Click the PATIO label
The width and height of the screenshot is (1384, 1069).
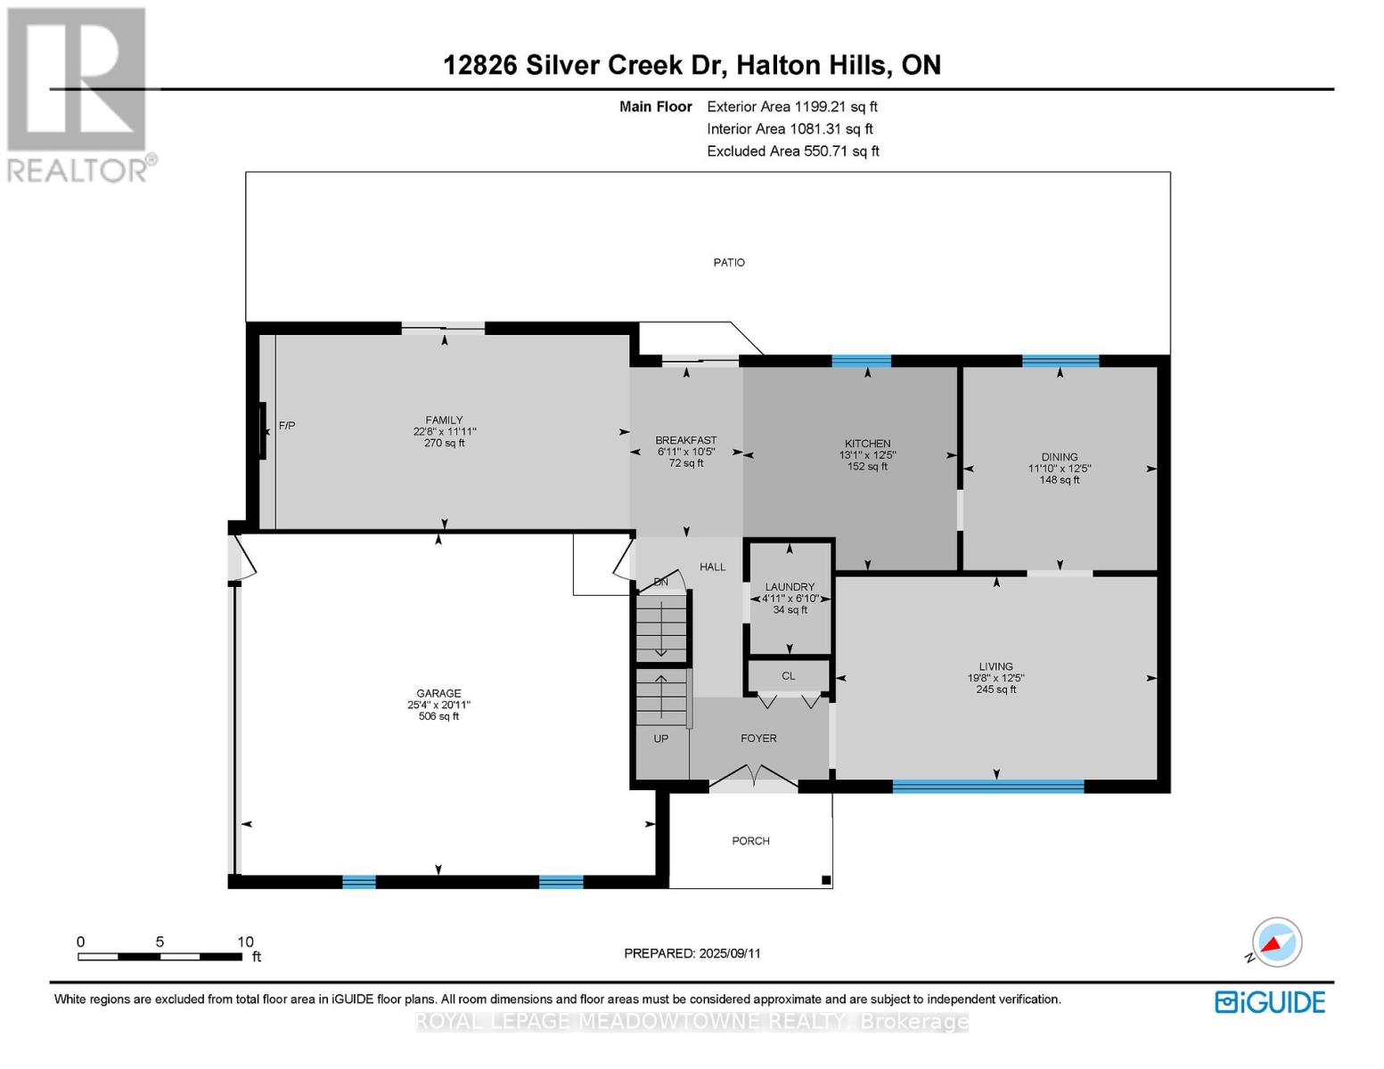728,263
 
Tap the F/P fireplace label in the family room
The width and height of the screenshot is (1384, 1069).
287,426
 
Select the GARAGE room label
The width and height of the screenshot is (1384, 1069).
438,693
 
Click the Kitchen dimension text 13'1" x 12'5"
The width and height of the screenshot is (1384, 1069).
867,454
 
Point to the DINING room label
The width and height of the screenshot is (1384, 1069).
1059,457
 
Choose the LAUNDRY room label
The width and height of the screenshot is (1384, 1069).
790,587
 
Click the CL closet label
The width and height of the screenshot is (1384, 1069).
788,676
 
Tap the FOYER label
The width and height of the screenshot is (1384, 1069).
758,739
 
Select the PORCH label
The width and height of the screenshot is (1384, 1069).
750,841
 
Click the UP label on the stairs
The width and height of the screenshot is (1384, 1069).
660,739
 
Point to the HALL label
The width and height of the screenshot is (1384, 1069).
712,567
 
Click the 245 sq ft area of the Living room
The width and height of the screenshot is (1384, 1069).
995,690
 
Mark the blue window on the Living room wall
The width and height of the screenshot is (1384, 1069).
987,786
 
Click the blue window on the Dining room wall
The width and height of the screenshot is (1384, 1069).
1060,361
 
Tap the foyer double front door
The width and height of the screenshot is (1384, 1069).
754,777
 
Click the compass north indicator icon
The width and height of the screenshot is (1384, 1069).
1276,943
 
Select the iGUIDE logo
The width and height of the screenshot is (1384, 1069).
1270,1002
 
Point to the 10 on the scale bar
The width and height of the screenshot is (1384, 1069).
245,942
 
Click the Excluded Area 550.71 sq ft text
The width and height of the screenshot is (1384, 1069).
792,151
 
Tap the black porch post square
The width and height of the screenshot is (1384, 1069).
826,881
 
